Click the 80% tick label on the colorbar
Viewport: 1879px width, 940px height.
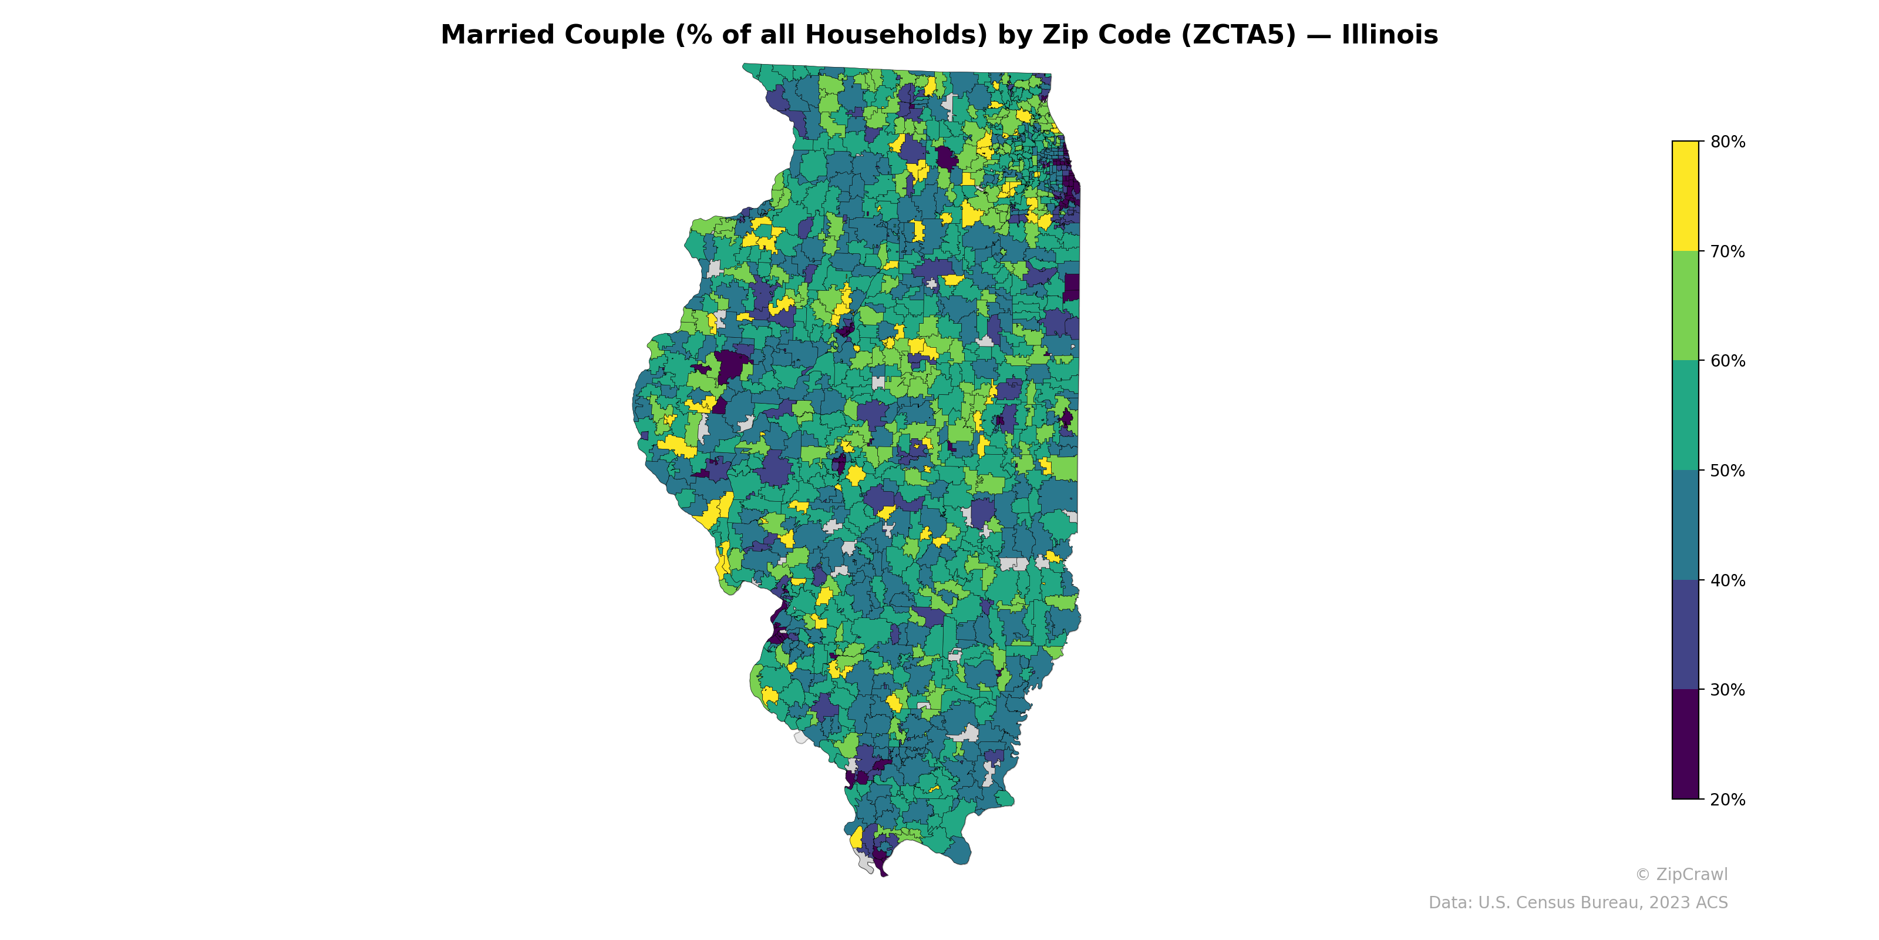pos(1728,142)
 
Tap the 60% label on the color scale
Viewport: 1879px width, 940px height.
pos(1728,361)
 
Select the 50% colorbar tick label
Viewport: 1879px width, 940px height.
pos(1728,471)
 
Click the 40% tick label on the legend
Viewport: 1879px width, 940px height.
pos(1728,581)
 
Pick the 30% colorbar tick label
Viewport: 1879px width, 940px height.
pos(1728,690)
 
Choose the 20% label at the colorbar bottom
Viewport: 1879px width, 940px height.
pos(1728,800)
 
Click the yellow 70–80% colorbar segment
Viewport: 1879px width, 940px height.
pos(1685,196)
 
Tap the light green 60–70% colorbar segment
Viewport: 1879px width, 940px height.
pos(1685,305)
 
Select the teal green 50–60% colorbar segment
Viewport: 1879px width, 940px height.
pos(1685,415)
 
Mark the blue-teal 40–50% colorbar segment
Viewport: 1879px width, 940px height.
pos(1685,525)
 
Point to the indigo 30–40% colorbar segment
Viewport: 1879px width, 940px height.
pos(1685,634)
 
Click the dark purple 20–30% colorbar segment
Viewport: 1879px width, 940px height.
pos(1685,744)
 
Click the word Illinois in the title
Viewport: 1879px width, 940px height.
pos(1389,35)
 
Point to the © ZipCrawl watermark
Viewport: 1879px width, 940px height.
pos(1681,874)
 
